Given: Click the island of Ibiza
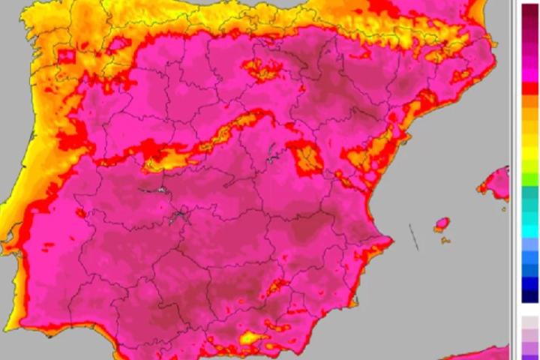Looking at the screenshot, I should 442,224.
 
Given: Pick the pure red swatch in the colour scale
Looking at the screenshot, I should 530,88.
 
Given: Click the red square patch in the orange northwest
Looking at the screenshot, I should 67,55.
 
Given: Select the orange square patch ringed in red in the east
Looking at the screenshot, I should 307,158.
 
